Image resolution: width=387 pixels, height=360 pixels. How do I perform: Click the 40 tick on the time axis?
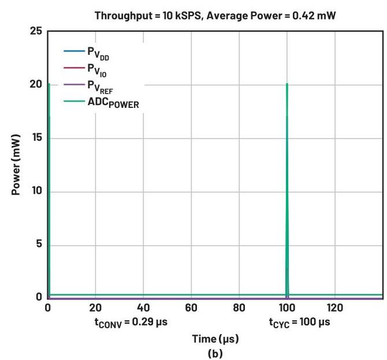pyautogui.click(x=144, y=308)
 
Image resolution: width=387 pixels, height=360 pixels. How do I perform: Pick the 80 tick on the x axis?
pyautogui.click(x=239, y=308)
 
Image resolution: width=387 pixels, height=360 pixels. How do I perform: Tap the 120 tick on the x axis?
pyautogui.click(x=335, y=308)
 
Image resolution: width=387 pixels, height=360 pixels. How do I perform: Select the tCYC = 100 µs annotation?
pyautogui.click(x=299, y=322)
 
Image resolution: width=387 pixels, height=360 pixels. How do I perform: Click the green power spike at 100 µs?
pyautogui.click(x=287, y=173)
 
